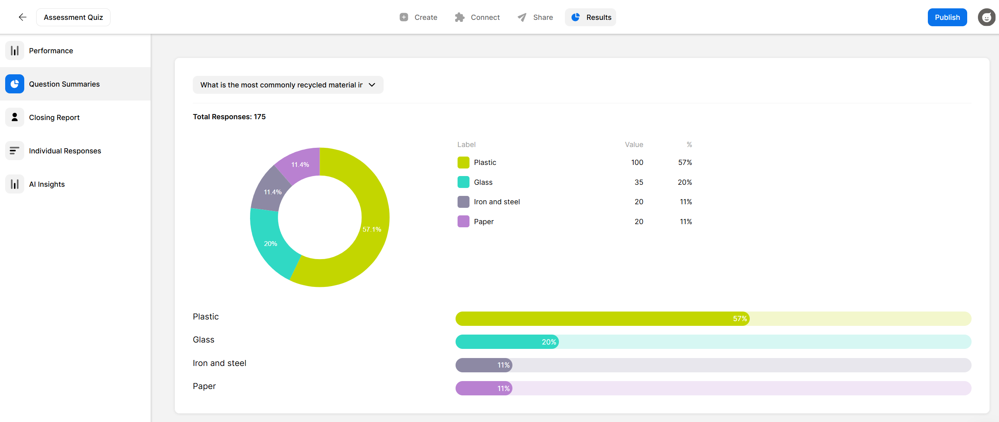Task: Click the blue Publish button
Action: point(947,17)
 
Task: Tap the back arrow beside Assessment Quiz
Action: point(23,17)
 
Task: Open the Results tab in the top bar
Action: point(590,17)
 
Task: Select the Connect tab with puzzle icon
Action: point(477,17)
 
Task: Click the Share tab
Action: point(535,17)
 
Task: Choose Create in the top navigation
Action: point(418,17)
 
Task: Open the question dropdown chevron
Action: point(372,85)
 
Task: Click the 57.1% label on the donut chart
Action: point(372,229)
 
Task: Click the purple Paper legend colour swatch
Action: point(463,221)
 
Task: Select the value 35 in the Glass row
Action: point(639,182)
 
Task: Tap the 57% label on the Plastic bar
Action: point(740,319)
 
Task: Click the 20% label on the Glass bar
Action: point(549,342)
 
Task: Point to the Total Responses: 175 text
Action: point(229,117)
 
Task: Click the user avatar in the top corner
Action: point(986,17)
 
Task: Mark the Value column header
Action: point(634,145)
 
